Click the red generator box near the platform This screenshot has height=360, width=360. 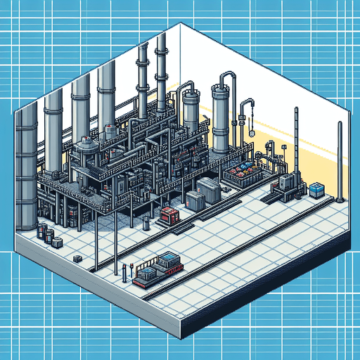(169, 214)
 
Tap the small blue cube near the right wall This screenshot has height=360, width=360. (317, 189)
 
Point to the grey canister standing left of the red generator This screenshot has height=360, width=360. (146, 223)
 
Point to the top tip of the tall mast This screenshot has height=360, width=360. (296, 110)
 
